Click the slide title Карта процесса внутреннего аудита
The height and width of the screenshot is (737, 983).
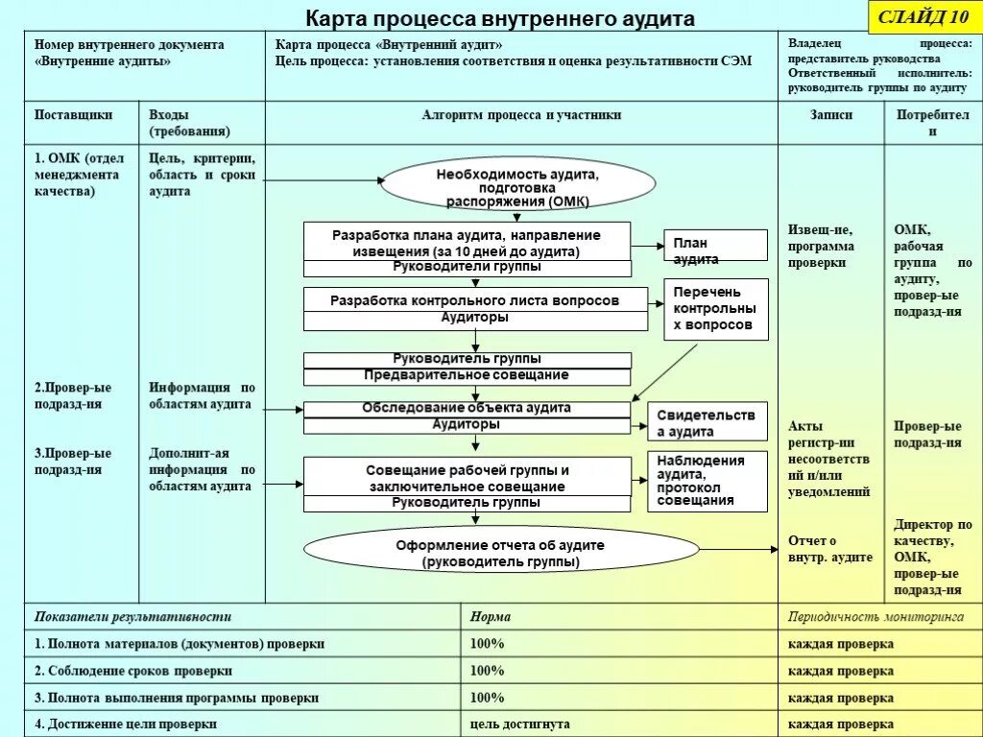(499, 19)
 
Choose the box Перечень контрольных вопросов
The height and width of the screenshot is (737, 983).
(715, 308)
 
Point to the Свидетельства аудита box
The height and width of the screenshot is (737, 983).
(707, 422)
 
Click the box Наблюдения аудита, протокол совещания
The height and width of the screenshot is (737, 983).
(707, 480)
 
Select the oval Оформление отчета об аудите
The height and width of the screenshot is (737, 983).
(500, 552)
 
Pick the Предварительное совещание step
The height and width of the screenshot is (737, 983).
(467, 375)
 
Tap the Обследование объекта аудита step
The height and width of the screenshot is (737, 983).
(467, 408)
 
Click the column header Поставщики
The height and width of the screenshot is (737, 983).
(74, 114)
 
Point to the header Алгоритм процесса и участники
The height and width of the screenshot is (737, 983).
(521, 114)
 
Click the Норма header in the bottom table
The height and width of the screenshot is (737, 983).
(491, 617)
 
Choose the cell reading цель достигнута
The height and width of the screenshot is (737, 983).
(520, 725)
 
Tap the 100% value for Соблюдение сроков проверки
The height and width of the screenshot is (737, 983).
(487, 671)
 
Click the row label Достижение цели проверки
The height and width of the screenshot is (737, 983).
(126, 725)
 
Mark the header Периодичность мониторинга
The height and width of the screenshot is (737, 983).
(875, 617)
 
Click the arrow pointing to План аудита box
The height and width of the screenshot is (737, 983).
(647, 246)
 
